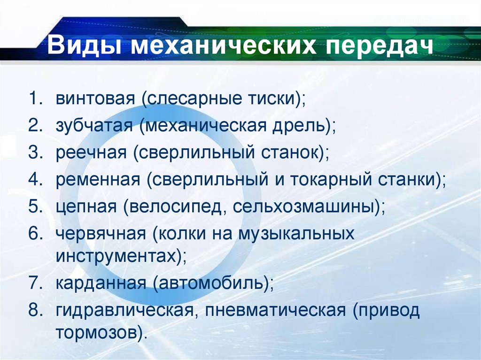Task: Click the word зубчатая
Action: click(x=94, y=126)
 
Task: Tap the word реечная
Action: click(x=91, y=153)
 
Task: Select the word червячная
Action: click(x=101, y=233)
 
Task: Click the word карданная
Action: click(x=99, y=283)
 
